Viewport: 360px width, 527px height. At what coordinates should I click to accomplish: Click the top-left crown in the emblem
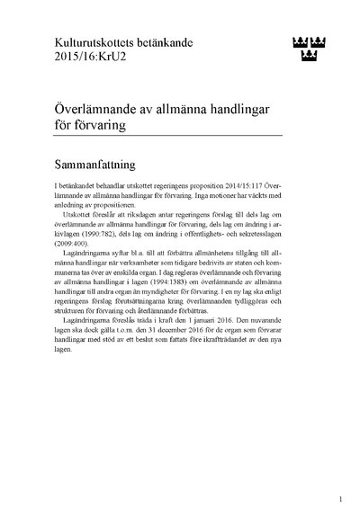click(x=299, y=40)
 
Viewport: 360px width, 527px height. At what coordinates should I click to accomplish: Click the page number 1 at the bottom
click(x=339, y=497)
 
